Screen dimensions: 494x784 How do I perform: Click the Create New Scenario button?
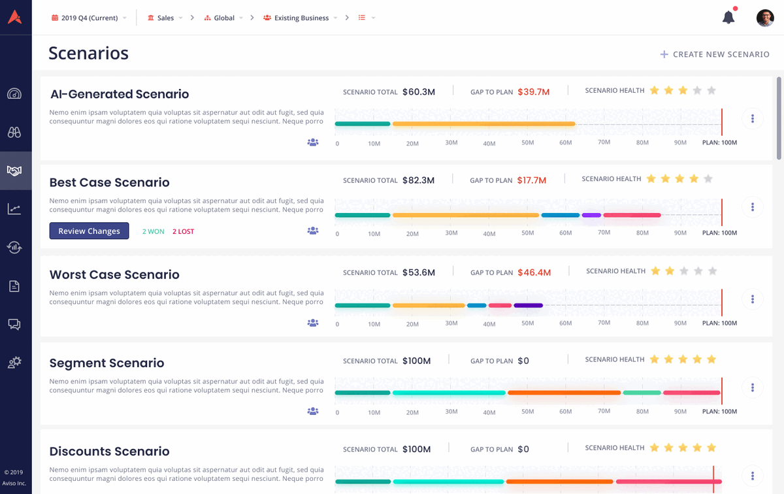click(715, 54)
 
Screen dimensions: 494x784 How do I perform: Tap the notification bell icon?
click(728, 18)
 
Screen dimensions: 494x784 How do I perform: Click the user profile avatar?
click(765, 18)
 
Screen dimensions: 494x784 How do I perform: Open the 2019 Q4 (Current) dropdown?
click(89, 18)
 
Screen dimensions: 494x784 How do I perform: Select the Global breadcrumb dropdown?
click(224, 18)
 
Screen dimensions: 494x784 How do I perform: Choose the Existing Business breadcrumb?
click(301, 18)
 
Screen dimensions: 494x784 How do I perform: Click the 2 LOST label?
click(183, 231)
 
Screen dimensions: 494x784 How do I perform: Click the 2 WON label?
click(154, 231)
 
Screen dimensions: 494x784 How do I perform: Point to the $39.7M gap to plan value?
click(533, 92)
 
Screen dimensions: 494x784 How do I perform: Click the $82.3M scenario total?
click(418, 180)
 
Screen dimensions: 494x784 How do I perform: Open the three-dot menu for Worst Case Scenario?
click(753, 299)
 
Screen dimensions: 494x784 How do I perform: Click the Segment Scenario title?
click(106, 363)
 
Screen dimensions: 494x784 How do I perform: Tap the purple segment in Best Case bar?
click(591, 215)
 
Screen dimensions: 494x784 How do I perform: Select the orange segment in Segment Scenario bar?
click(564, 393)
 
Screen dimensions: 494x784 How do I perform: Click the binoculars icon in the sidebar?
click(14, 132)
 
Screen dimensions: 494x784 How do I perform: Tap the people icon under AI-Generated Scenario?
click(313, 142)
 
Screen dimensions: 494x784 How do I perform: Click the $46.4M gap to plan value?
click(534, 272)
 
